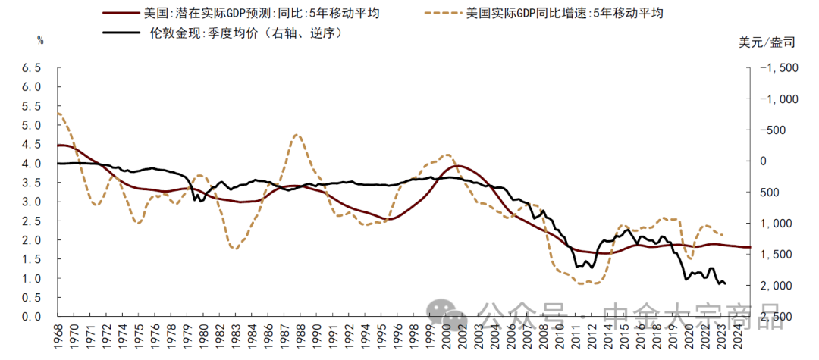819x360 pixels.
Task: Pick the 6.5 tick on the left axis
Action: (x=31, y=68)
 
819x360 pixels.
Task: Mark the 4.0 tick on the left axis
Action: (x=31, y=164)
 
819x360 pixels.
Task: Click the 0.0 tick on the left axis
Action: (x=31, y=317)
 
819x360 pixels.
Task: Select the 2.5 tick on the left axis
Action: (x=31, y=221)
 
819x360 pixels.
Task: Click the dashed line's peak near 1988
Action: (x=297, y=136)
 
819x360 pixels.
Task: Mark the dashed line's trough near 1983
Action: (x=234, y=248)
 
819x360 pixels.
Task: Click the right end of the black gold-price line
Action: (x=726, y=284)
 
